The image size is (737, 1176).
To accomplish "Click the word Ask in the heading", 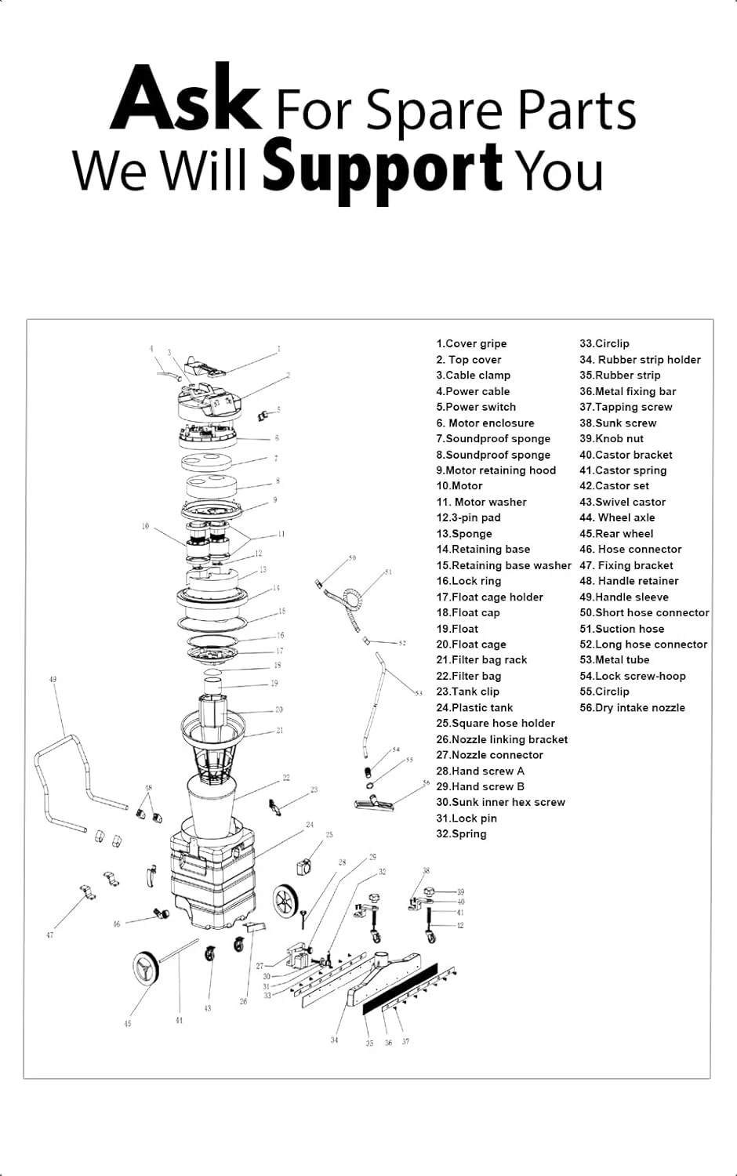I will [x=186, y=100].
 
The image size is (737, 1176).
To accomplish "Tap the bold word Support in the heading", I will [x=382, y=166].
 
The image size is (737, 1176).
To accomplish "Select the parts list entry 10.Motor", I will [x=459, y=486].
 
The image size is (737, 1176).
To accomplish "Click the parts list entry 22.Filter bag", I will [x=469, y=676].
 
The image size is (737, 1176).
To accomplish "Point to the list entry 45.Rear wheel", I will [x=616, y=534].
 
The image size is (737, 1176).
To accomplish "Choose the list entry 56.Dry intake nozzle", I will [x=632, y=708].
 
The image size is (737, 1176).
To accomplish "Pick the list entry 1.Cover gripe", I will [x=471, y=343].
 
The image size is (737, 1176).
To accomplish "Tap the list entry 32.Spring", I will [x=461, y=834].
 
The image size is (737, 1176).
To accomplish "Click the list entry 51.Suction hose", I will [x=622, y=629].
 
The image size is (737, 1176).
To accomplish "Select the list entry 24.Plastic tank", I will [x=474, y=708].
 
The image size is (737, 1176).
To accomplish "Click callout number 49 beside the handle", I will [x=53, y=680].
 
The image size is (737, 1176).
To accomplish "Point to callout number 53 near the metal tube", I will [x=419, y=693].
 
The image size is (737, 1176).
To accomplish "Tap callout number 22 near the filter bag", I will [x=286, y=778].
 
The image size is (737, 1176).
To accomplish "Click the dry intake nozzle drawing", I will [x=379, y=801].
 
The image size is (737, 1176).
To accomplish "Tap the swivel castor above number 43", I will [x=209, y=953].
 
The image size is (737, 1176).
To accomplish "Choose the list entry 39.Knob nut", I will [x=612, y=439].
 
